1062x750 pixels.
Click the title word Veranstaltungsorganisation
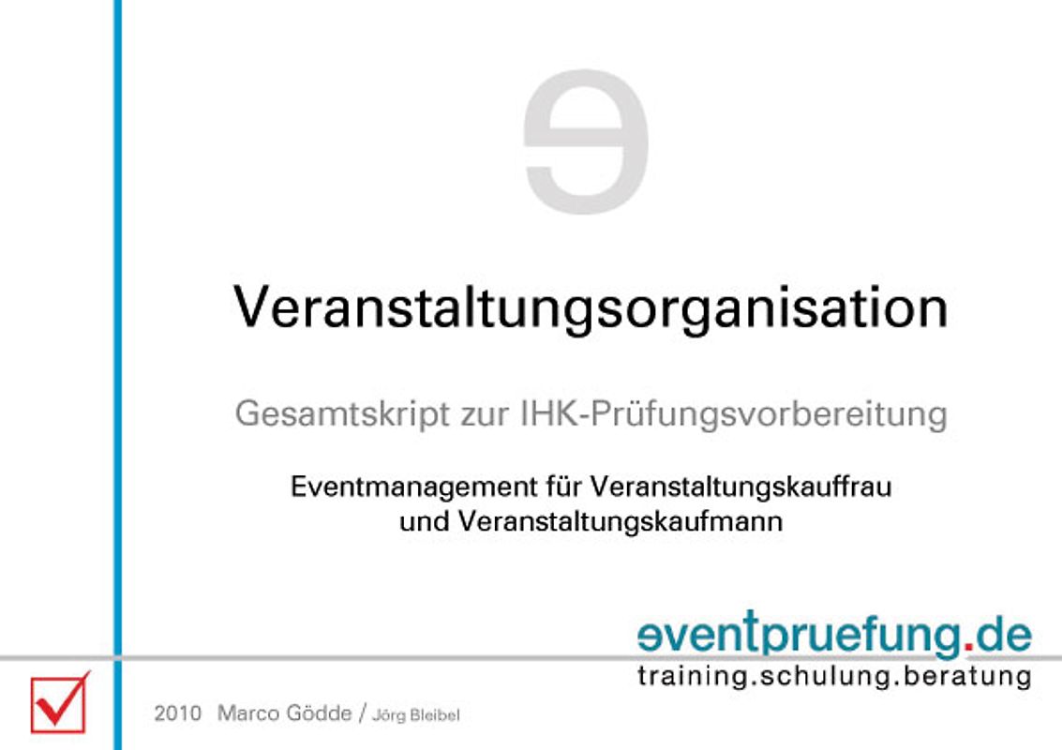[591, 307]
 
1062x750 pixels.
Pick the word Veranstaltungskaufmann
[621, 522]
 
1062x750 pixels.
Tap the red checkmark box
[58, 703]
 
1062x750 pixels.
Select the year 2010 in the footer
[178, 713]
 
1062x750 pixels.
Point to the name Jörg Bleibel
[416, 715]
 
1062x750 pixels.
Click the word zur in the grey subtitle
[484, 414]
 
